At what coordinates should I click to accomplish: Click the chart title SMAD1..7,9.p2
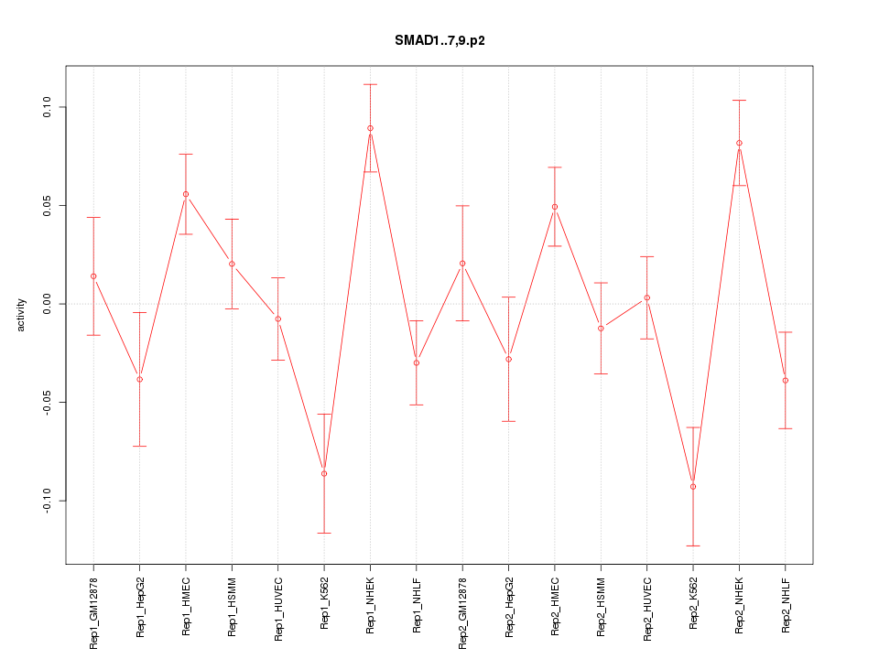pyautogui.click(x=439, y=40)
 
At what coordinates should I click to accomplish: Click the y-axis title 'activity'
pyautogui.click(x=21, y=315)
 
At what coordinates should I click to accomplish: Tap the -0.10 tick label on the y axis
pyautogui.click(x=48, y=501)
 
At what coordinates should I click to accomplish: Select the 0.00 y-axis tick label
pyautogui.click(x=48, y=304)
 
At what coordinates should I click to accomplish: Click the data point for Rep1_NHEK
pyautogui.click(x=370, y=128)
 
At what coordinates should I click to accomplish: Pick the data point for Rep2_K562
pyautogui.click(x=693, y=486)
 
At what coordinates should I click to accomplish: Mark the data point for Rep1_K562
pyautogui.click(x=324, y=473)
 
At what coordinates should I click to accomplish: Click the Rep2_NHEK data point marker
pyautogui.click(x=739, y=143)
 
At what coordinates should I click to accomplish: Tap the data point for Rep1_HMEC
pyautogui.click(x=186, y=194)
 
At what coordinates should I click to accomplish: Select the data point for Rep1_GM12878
pyautogui.click(x=93, y=276)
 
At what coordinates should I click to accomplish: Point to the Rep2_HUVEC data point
pyautogui.click(x=647, y=297)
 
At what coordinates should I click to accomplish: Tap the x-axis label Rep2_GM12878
pyautogui.click(x=462, y=612)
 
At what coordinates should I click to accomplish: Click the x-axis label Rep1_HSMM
pyautogui.click(x=232, y=608)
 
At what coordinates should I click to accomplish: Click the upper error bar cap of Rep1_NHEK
pyautogui.click(x=370, y=84)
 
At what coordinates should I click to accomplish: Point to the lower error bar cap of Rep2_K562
pyautogui.click(x=693, y=546)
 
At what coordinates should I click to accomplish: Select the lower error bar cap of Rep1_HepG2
pyautogui.click(x=139, y=446)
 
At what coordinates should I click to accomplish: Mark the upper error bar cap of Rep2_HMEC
pyautogui.click(x=555, y=167)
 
